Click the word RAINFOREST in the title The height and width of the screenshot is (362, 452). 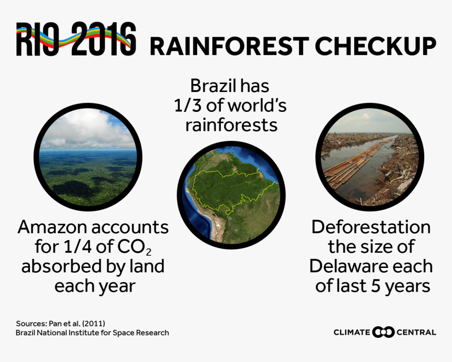(x=230, y=46)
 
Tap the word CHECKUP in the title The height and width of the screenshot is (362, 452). (x=376, y=46)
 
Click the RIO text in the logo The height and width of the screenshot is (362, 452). (x=37, y=39)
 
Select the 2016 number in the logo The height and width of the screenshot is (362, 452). (x=104, y=39)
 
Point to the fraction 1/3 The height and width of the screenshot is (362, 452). (x=188, y=106)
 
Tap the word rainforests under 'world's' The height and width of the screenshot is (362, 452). (x=231, y=126)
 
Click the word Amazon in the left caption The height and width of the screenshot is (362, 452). (x=54, y=227)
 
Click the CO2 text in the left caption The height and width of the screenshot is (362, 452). (x=134, y=247)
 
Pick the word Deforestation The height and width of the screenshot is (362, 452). (x=371, y=227)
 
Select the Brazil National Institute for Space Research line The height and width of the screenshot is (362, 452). (x=93, y=333)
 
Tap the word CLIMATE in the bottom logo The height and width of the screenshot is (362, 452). (x=352, y=332)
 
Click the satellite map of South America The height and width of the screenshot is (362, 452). (x=231, y=195)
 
